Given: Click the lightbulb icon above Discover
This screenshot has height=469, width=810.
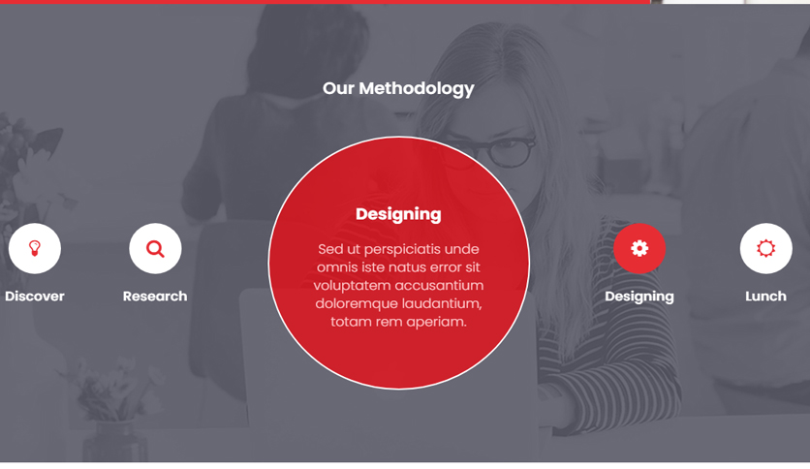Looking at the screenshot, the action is point(35,248).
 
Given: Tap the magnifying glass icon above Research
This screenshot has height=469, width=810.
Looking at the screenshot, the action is point(155,248).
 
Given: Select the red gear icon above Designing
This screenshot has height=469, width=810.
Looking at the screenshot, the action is point(639,248).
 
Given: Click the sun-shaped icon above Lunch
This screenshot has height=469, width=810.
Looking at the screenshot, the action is point(765,248).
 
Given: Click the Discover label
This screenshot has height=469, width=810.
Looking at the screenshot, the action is point(35,297).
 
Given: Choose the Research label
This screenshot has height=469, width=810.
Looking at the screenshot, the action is point(155,297).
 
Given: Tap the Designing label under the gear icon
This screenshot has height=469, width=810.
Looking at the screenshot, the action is point(639,297).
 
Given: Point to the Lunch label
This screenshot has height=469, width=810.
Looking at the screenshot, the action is point(765,297).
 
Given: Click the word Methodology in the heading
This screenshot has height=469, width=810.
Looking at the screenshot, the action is point(417,89).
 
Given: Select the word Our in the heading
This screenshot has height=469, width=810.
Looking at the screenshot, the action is point(338,89).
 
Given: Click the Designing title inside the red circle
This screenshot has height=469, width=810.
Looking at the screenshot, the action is point(398,215).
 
